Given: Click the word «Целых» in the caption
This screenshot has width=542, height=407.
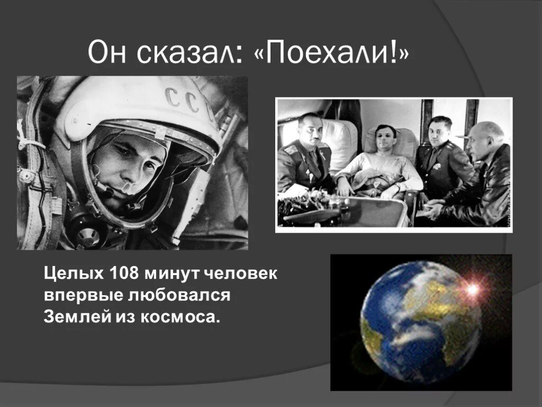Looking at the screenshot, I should pyautogui.click(x=73, y=274).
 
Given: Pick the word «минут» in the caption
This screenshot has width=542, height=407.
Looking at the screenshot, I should pyautogui.click(x=173, y=274).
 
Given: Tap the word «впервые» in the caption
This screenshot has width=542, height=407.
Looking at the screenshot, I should pyautogui.click(x=78, y=295).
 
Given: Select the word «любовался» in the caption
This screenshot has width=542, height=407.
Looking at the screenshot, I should pyautogui.click(x=175, y=295).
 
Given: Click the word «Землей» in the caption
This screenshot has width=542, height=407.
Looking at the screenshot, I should pyautogui.click(x=75, y=316).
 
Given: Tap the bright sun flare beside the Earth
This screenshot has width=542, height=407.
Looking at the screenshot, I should pyautogui.click(x=471, y=289).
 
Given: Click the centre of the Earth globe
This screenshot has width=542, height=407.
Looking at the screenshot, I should pyautogui.click(x=421, y=322).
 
